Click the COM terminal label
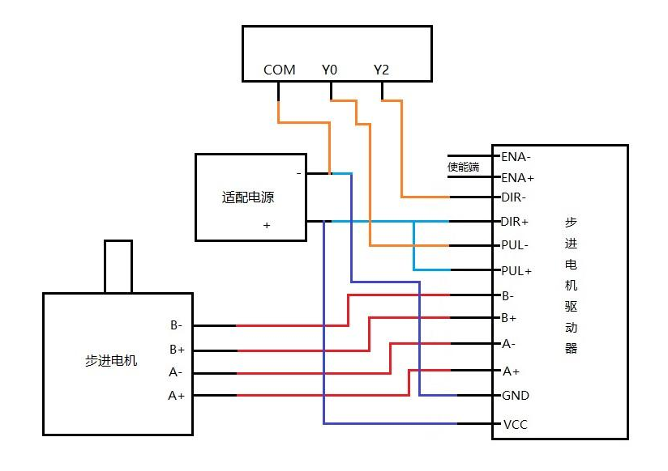(x=279, y=70)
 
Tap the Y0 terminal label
(x=329, y=70)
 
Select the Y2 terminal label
(x=381, y=70)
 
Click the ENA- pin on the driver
(x=516, y=156)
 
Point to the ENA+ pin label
(x=517, y=177)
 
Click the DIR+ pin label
(x=515, y=221)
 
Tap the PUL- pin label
(x=515, y=245)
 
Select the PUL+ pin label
(x=516, y=270)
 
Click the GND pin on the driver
(x=515, y=396)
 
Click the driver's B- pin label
(x=507, y=295)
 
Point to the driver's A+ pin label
(x=511, y=371)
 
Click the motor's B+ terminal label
(x=178, y=350)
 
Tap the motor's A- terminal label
(x=176, y=373)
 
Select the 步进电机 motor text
(x=111, y=360)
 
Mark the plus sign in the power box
(x=266, y=226)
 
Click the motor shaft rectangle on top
(x=118, y=266)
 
